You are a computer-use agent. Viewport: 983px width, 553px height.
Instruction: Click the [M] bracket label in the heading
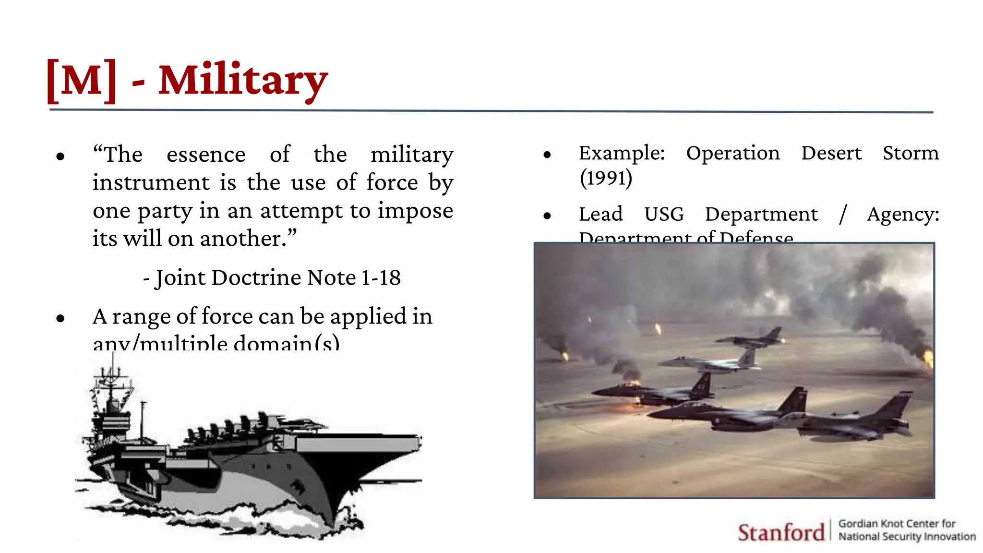coord(82,81)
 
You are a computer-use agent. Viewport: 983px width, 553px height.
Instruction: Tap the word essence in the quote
coord(206,155)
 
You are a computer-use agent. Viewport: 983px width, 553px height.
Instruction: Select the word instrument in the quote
coord(151,183)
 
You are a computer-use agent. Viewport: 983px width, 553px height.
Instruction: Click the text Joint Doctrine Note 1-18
coord(277,278)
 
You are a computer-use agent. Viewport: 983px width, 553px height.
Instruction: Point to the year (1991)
coord(606,178)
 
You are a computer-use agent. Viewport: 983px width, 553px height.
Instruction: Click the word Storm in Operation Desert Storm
coord(911,153)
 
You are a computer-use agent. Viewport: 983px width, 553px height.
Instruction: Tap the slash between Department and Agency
coord(843,214)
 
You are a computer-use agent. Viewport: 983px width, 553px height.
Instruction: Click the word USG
coord(664,214)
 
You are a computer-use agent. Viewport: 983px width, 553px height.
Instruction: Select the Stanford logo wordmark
coord(781,532)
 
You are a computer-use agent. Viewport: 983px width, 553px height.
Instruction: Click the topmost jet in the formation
coord(751,339)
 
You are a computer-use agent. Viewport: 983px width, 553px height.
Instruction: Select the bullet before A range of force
coord(60,318)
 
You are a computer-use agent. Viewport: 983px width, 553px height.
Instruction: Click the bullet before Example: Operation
coord(547,155)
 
